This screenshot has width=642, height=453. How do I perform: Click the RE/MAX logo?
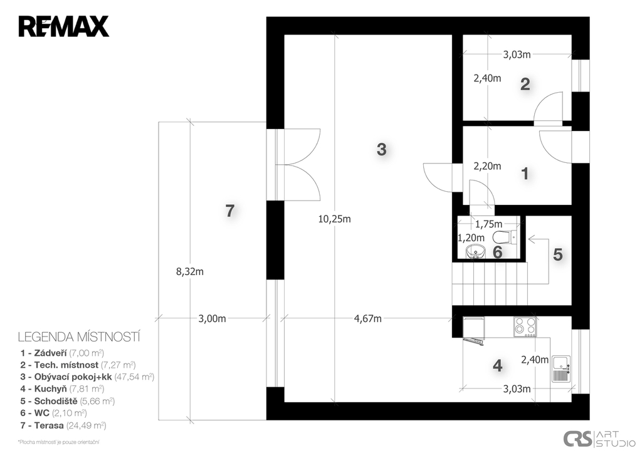63,26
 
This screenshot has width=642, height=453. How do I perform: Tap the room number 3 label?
381,149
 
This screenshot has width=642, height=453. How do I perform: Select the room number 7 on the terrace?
230,211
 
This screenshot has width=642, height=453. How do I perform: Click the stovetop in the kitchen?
525,327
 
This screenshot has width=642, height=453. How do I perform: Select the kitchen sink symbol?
561,368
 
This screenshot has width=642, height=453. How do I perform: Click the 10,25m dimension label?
335,219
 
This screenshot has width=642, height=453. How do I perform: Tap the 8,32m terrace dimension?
189,272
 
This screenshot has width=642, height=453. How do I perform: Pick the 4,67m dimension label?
367,319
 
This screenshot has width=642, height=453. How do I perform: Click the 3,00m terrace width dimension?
212,319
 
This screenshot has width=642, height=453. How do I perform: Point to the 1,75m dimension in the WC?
488,224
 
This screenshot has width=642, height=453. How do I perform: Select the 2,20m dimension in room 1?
487,166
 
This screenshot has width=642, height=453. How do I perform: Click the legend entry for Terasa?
63,425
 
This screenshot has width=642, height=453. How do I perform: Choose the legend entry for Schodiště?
68,401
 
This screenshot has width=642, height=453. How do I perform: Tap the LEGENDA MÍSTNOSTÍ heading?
79,337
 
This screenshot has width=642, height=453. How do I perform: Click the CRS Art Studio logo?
599,438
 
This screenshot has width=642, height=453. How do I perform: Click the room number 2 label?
525,85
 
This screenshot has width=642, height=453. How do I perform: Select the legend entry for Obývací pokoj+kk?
87,377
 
